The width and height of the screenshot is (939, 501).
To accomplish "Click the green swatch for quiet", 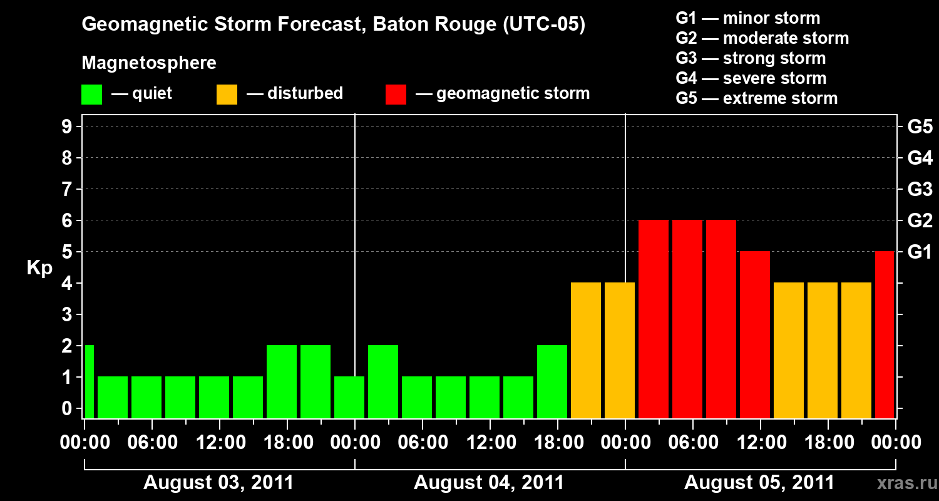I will click(91, 95).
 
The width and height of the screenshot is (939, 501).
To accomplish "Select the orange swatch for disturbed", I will click(227, 95).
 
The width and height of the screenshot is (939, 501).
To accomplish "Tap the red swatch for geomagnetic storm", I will click(396, 95).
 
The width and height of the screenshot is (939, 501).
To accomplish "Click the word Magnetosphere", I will click(149, 63).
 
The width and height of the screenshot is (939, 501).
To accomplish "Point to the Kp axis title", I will click(39, 268).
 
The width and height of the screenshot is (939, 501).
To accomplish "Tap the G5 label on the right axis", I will click(920, 127).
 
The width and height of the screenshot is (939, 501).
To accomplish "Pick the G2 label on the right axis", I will click(920, 221).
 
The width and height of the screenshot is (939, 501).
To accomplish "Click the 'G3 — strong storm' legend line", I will click(751, 58).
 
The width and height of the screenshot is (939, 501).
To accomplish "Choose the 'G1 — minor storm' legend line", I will click(747, 18).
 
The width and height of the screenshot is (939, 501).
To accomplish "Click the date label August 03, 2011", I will click(218, 483).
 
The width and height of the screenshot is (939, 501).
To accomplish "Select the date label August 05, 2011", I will click(759, 483).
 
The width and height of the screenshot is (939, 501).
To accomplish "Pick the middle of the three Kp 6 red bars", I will click(687, 319).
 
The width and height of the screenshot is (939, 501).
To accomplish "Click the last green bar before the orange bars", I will click(552, 381).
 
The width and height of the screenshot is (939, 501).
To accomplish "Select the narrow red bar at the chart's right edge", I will click(885, 334).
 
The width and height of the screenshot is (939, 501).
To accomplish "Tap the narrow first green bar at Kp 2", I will click(89, 381).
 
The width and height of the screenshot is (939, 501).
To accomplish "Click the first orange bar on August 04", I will click(586, 350).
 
